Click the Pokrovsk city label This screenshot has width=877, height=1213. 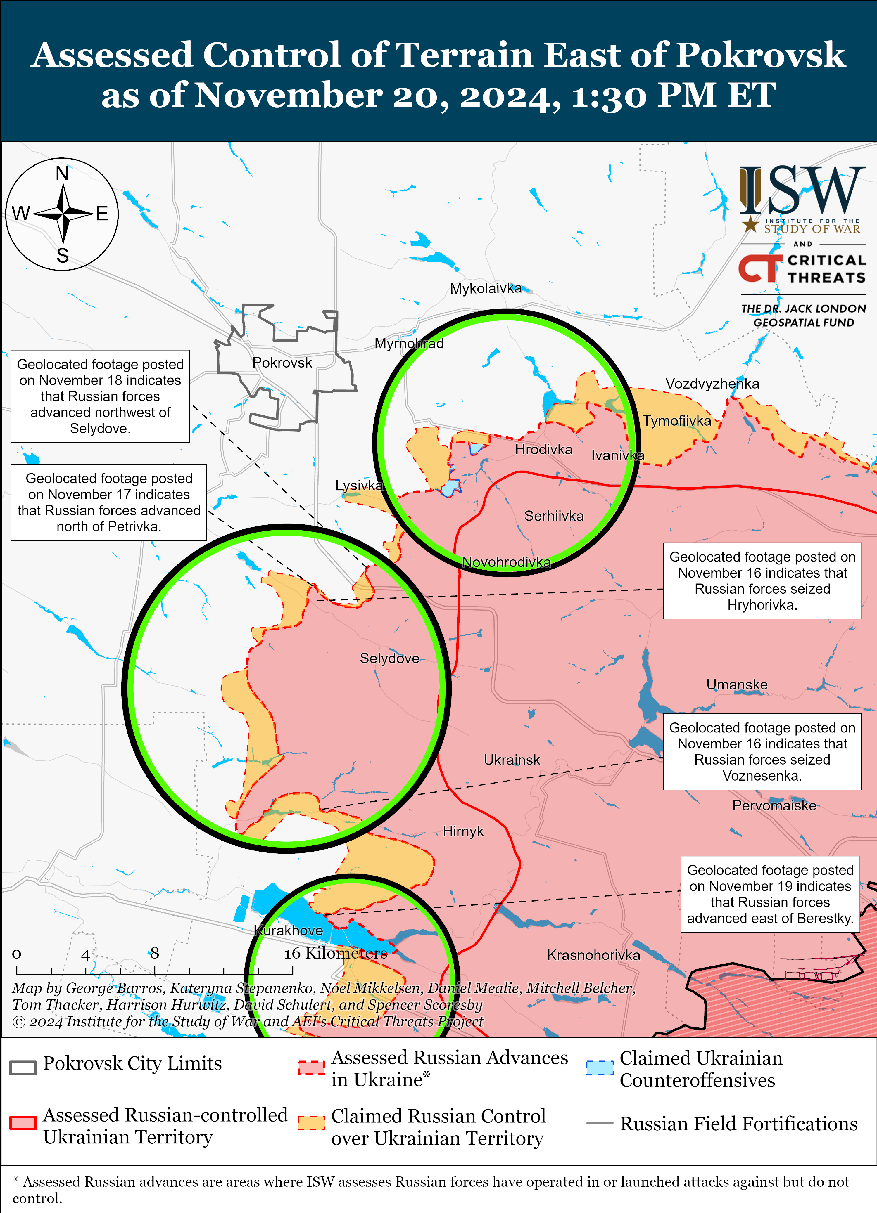[x=282, y=363]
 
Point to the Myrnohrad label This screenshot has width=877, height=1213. [x=409, y=343]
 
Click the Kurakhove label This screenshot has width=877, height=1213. [x=289, y=930]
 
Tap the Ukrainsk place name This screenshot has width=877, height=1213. [x=512, y=760]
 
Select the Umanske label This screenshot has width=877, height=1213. [x=736, y=685]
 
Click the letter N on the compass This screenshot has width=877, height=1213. [x=62, y=173]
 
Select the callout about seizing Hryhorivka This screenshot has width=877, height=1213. [x=762, y=581]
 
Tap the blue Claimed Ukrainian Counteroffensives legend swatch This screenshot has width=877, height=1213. [x=599, y=1068]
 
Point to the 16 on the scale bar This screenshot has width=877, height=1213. [x=293, y=954]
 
